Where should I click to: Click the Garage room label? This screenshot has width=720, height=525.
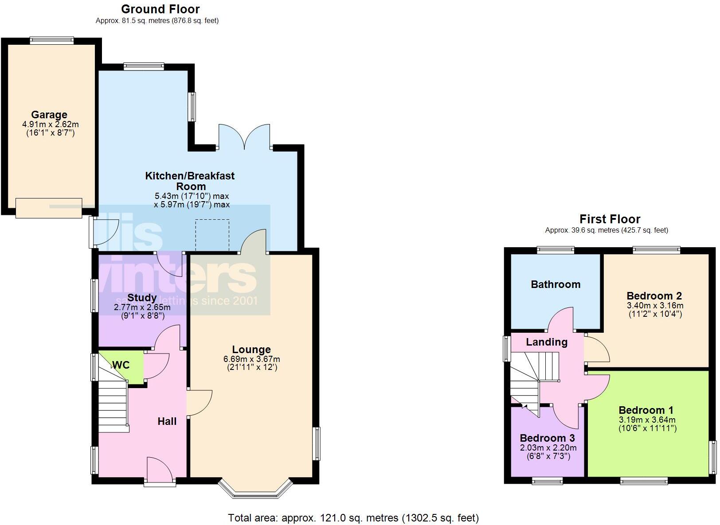coord(49,115)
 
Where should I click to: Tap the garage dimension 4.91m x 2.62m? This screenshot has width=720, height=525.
coord(51,124)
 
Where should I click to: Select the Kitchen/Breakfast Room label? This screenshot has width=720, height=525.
coord(190,181)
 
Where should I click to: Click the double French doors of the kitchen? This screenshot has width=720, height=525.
coord(244,137)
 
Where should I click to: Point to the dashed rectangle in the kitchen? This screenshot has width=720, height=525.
coord(212,235)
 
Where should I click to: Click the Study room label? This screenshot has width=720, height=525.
coord(142,298)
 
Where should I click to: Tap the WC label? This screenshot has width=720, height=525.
coord(121,365)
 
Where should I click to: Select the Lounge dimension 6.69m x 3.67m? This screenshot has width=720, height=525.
coord(252,359)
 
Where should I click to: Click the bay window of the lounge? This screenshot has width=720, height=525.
coord(256,490)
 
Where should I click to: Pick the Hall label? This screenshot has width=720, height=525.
coord(167,421)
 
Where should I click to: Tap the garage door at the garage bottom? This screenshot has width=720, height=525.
coord(49,208)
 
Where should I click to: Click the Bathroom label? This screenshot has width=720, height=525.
coord(556,284)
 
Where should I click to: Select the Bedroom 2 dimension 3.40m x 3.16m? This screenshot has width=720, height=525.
coord(655,305)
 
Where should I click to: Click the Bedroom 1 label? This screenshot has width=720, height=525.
coord(646,410)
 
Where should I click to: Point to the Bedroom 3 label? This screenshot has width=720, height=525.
coord(547,438)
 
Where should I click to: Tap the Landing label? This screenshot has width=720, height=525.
coord(547,342)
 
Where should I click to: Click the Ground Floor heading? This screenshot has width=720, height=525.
coord(160,9)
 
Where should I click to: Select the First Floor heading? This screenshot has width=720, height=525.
coord(610,219)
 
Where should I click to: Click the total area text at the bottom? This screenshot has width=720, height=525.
coord(353,517)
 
